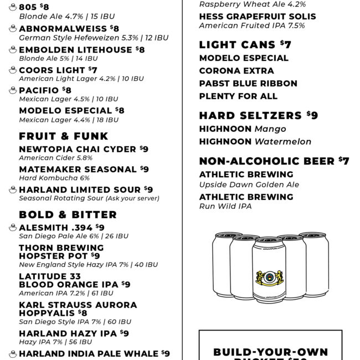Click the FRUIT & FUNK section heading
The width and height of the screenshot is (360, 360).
pyautogui.click(x=64, y=136)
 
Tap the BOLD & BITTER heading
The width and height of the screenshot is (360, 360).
pyautogui.click(x=68, y=215)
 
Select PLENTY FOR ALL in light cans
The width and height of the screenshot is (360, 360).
pyautogui.click(x=238, y=96)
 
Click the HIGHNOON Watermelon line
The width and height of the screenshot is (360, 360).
pyautogui.click(x=255, y=142)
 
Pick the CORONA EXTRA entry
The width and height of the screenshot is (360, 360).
pyautogui.click(x=236, y=71)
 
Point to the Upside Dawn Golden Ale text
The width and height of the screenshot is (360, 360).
pyautogui.click(x=249, y=185)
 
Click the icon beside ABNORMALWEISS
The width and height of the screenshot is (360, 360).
pyautogui.click(x=13, y=28)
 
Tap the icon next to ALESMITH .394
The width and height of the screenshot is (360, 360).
pyautogui.click(x=13, y=227)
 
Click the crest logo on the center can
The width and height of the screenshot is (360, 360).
pyautogui.click(x=269, y=277)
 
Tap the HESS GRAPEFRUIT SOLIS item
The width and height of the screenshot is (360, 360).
pyautogui.click(x=258, y=17)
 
